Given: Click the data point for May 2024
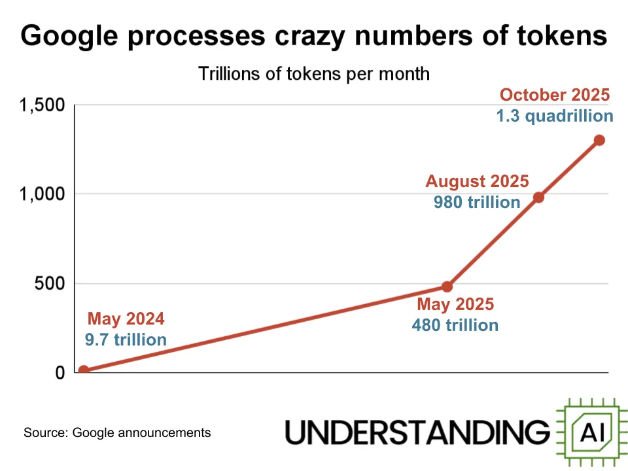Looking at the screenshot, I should pyautogui.click(x=84, y=370).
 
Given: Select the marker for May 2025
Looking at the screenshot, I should pyautogui.click(x=447, y=287).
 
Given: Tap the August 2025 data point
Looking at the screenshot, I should pyautogui.click(x=539, y=197).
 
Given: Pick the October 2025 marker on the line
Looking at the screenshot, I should pyautogui.click(x=599, y=140).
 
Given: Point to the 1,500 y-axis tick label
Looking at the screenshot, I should pyautogui.click(x=43, y=105).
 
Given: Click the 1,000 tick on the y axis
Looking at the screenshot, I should pyautogui.click(x=43, y=194).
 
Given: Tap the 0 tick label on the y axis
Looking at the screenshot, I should pyautogui.click(x=60, y=373).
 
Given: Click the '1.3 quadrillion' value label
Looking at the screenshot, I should pyautogui.click(x=555, y=116).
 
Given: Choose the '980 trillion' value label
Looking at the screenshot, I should pyautogui.click(x=477, y=202).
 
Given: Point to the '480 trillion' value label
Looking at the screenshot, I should pyautogui.click(x=455, y=325).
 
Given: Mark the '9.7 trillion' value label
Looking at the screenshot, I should pyautogui.click(x=126, y=340).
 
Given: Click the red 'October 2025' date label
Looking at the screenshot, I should pyautogui.click(x=554, y=95).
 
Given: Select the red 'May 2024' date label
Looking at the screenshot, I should pyautogui.click(x=126, y=320).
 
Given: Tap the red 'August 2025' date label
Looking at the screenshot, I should pyautogui.click(x=477, y=182).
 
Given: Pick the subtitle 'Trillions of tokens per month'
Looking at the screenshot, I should pyautogui.click(x=314, y=73).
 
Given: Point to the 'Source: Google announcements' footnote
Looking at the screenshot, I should pyautogui.click(x=117, y=432).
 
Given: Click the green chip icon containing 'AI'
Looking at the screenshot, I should pyautogui.click(x=589, y=432).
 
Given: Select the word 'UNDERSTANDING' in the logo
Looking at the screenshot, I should pyautogui.click(x=418, y=432).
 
